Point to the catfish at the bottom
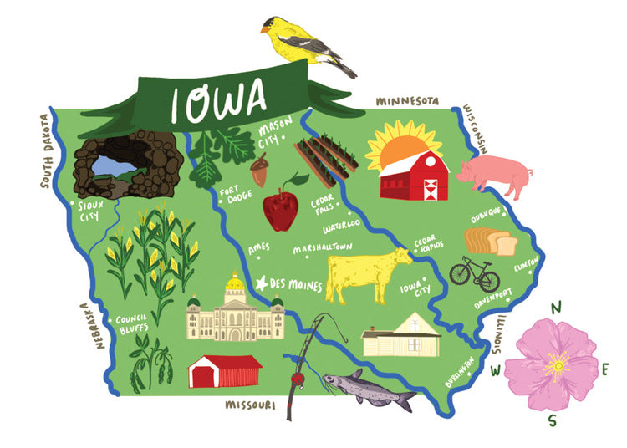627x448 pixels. click(x=368, y=389)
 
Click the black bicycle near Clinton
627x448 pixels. click(x=474, y=271)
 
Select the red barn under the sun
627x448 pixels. click(x=414, y=177)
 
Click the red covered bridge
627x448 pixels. click(x=224, y=371)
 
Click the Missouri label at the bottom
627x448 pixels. click(x=250, y=405)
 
